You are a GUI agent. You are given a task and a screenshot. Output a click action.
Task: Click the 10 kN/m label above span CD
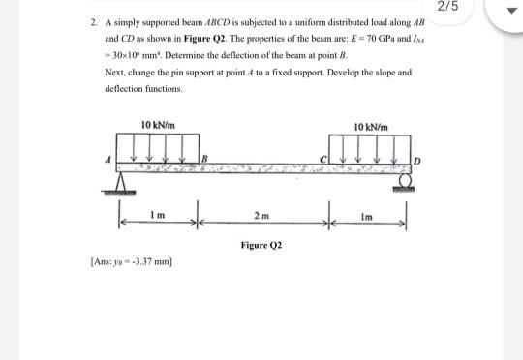click(371, 127)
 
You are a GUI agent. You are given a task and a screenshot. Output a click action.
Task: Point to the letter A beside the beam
click(111, 159)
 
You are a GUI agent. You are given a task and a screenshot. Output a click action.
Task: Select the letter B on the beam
click(204, 158)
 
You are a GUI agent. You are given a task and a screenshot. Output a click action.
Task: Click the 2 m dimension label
click(261, 212)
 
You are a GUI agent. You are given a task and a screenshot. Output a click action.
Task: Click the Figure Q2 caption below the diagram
click(261, 245)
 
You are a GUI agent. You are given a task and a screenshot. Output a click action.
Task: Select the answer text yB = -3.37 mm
click(145, 261)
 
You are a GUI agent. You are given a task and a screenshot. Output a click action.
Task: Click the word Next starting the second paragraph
click(113, 73)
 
